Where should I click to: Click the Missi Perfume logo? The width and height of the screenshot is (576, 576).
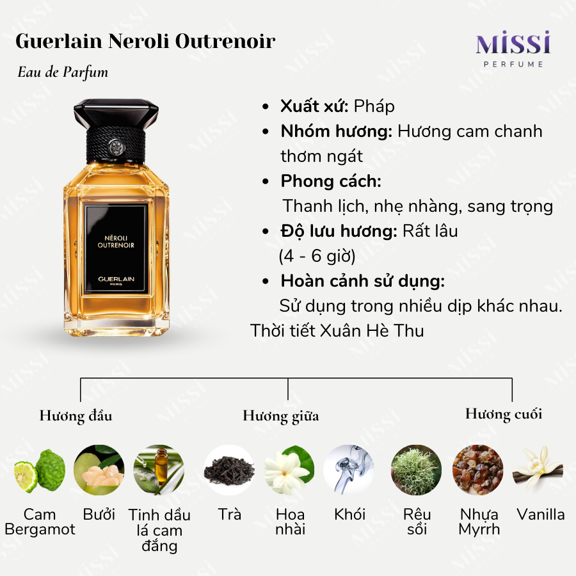pos(513,49)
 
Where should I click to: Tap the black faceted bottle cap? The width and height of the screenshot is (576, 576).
pos(116,113)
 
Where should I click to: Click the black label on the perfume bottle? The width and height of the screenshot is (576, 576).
pos(116,249)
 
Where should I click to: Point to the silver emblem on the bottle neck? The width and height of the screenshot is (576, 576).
pos(116,147)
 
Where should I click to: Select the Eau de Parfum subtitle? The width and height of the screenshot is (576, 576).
pos(63,72)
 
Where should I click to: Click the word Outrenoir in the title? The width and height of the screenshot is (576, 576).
pos(225,41)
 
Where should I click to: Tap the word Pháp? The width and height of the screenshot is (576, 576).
pos(374,106)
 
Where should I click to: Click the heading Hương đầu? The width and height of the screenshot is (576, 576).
pos(76,416)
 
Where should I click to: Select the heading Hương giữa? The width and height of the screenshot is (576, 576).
pos(281,416)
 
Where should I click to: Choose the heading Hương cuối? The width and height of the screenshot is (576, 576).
pos(504,413)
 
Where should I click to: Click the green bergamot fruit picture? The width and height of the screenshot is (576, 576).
pos(40,470)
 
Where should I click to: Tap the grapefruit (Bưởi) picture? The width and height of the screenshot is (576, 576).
pos(99,470)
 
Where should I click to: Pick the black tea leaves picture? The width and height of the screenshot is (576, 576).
pos(229,470)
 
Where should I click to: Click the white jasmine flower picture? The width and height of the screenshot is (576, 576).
pos(289,470)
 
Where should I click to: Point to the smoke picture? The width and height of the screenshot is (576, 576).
pos(349,470)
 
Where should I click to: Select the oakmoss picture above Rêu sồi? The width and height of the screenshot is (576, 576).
pos(416,470)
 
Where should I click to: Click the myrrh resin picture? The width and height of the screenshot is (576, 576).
pos(477,470)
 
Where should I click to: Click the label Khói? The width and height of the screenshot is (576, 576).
pos(349,515)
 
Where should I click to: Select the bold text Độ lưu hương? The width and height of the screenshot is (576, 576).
pos(339,232)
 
